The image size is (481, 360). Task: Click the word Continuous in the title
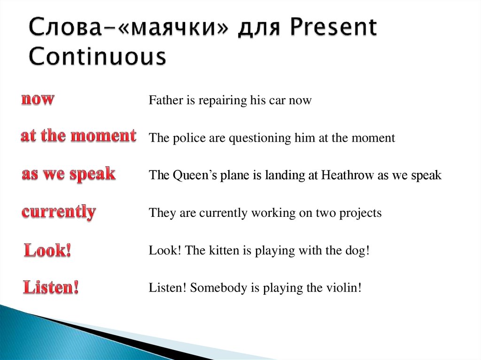pyautogui.click(x=98, y=56)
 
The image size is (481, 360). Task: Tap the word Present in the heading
pyautogui.click(x=333, y=27)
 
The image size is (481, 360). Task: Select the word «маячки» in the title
pyautogui.click(x=173, y=28)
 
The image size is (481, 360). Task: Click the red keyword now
pyautogui.click(x=38, y=100)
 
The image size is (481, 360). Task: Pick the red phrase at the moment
pyautogui.click(x=78, y=136)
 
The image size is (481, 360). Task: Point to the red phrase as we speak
pyautogui.click(x=69, y=174)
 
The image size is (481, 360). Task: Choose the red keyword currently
pyautogui.click(x=59, y=212)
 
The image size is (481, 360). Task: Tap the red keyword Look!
pyautogui.click(x=47, y=250)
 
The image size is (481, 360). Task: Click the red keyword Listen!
pyautogui.click(x=51, y=287)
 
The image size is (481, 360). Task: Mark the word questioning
pyautogui.click(x=260, y=138)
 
